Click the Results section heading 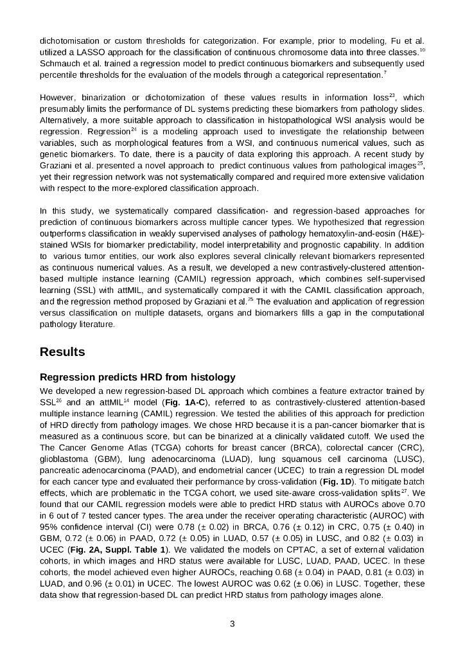[x=62, y=352]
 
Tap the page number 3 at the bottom [x=232, y=623]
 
